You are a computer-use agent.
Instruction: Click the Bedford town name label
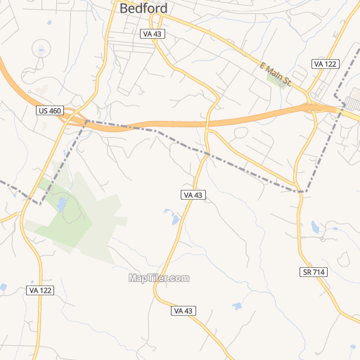pyautogui.click(x=143, y=8)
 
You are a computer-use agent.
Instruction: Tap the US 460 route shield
pyautogui.click(x=50, y=110)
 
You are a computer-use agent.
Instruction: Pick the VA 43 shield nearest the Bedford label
pyautogui.click(x=152, y=34)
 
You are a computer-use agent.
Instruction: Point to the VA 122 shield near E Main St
pyautogui.click(x=326, y=64)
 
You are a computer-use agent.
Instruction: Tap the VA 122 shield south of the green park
pyautogui.click(x=41, y=290)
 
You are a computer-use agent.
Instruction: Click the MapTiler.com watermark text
pyautogui.click(x=159, y=278)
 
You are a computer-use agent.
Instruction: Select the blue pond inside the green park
pyautogui.click(x=61, y=205)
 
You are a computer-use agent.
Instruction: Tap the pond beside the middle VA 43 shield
pyautogui.click(x=173, y=219)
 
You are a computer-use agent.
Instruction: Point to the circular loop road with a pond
pyautogui.click(x=41, y=49)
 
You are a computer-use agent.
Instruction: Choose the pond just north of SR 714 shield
pyautogui.click(x=316, y=226)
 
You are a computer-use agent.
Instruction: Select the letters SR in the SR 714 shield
pyautogui.click(x=307, y=272)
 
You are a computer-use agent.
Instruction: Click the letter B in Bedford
pyautogui.click(x=124, y=8)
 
